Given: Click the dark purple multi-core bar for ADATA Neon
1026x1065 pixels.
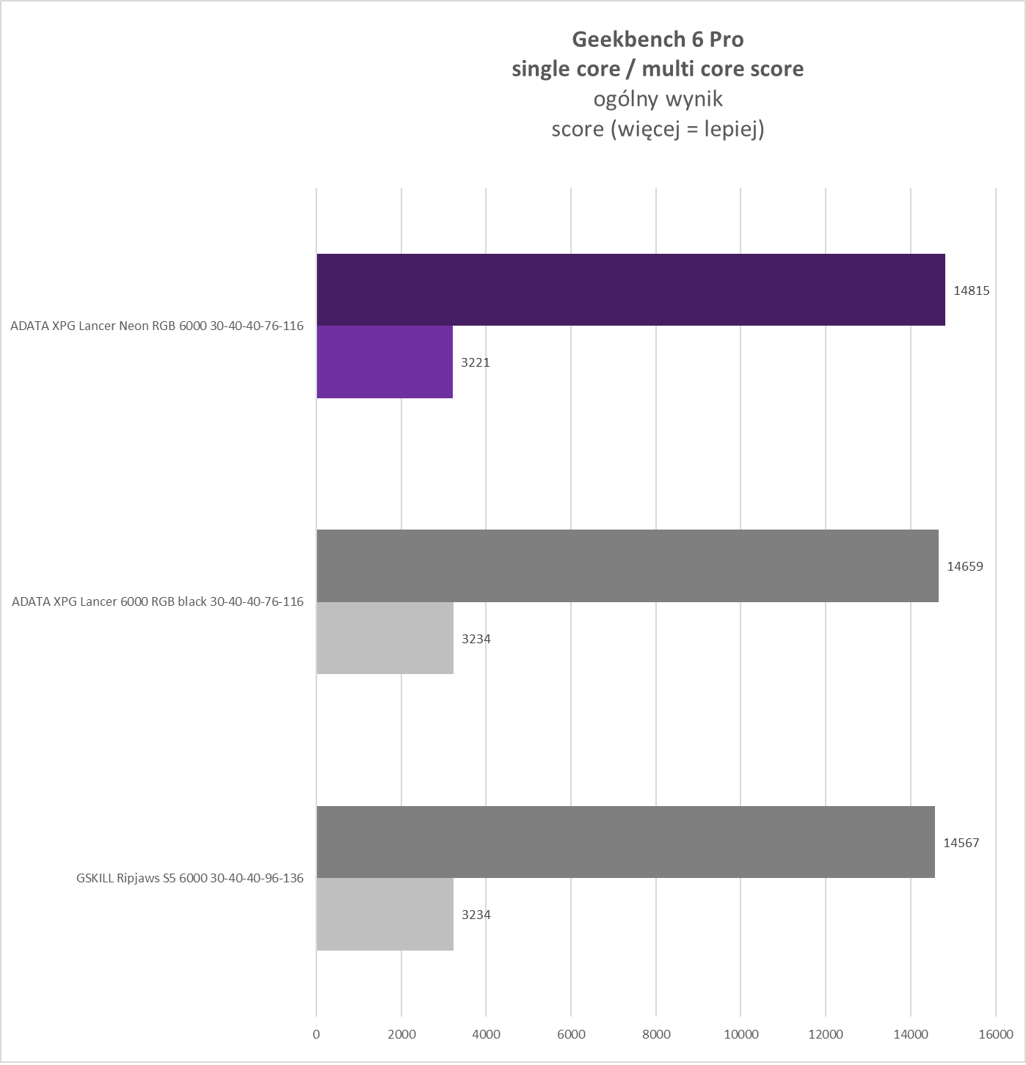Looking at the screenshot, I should point(630,290).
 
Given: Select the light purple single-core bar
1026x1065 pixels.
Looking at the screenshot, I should point(385,362).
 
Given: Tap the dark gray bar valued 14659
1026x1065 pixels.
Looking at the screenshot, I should point(627,566).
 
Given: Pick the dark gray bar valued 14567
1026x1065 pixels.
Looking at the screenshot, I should point(625,842).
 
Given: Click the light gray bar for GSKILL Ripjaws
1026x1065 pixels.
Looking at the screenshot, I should point(385,914).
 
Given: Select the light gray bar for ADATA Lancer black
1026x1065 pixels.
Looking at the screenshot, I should point(385,638).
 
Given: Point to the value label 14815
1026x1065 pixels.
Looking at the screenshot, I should point(972,290).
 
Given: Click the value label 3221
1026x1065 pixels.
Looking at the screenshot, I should point(476,362).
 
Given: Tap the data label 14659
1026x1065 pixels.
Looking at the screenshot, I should point(965,566).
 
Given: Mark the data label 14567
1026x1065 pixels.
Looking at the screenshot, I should point(961,843).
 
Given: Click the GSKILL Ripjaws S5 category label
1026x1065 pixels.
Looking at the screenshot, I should point(189,878).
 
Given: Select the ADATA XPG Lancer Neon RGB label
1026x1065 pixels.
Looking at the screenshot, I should point(156,326).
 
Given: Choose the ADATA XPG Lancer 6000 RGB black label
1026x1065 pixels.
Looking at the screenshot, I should point(158,601).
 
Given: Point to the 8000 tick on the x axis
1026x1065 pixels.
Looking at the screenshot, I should point(656,1034).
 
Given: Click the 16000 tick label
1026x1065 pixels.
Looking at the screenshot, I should point(995,1034).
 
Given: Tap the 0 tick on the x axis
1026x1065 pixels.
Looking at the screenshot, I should point(316,1034).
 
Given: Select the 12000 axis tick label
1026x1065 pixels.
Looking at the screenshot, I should point(826,1034).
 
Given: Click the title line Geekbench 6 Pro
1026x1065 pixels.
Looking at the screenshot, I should point(658,39).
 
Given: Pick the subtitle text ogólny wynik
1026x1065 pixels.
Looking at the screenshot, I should point(658,99).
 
